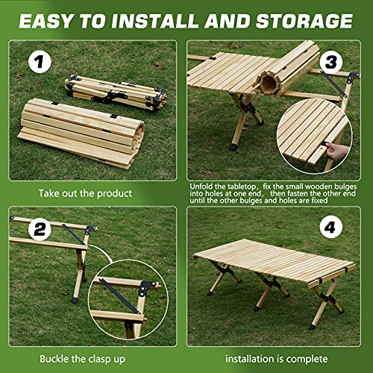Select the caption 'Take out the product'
coord(87,194)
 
